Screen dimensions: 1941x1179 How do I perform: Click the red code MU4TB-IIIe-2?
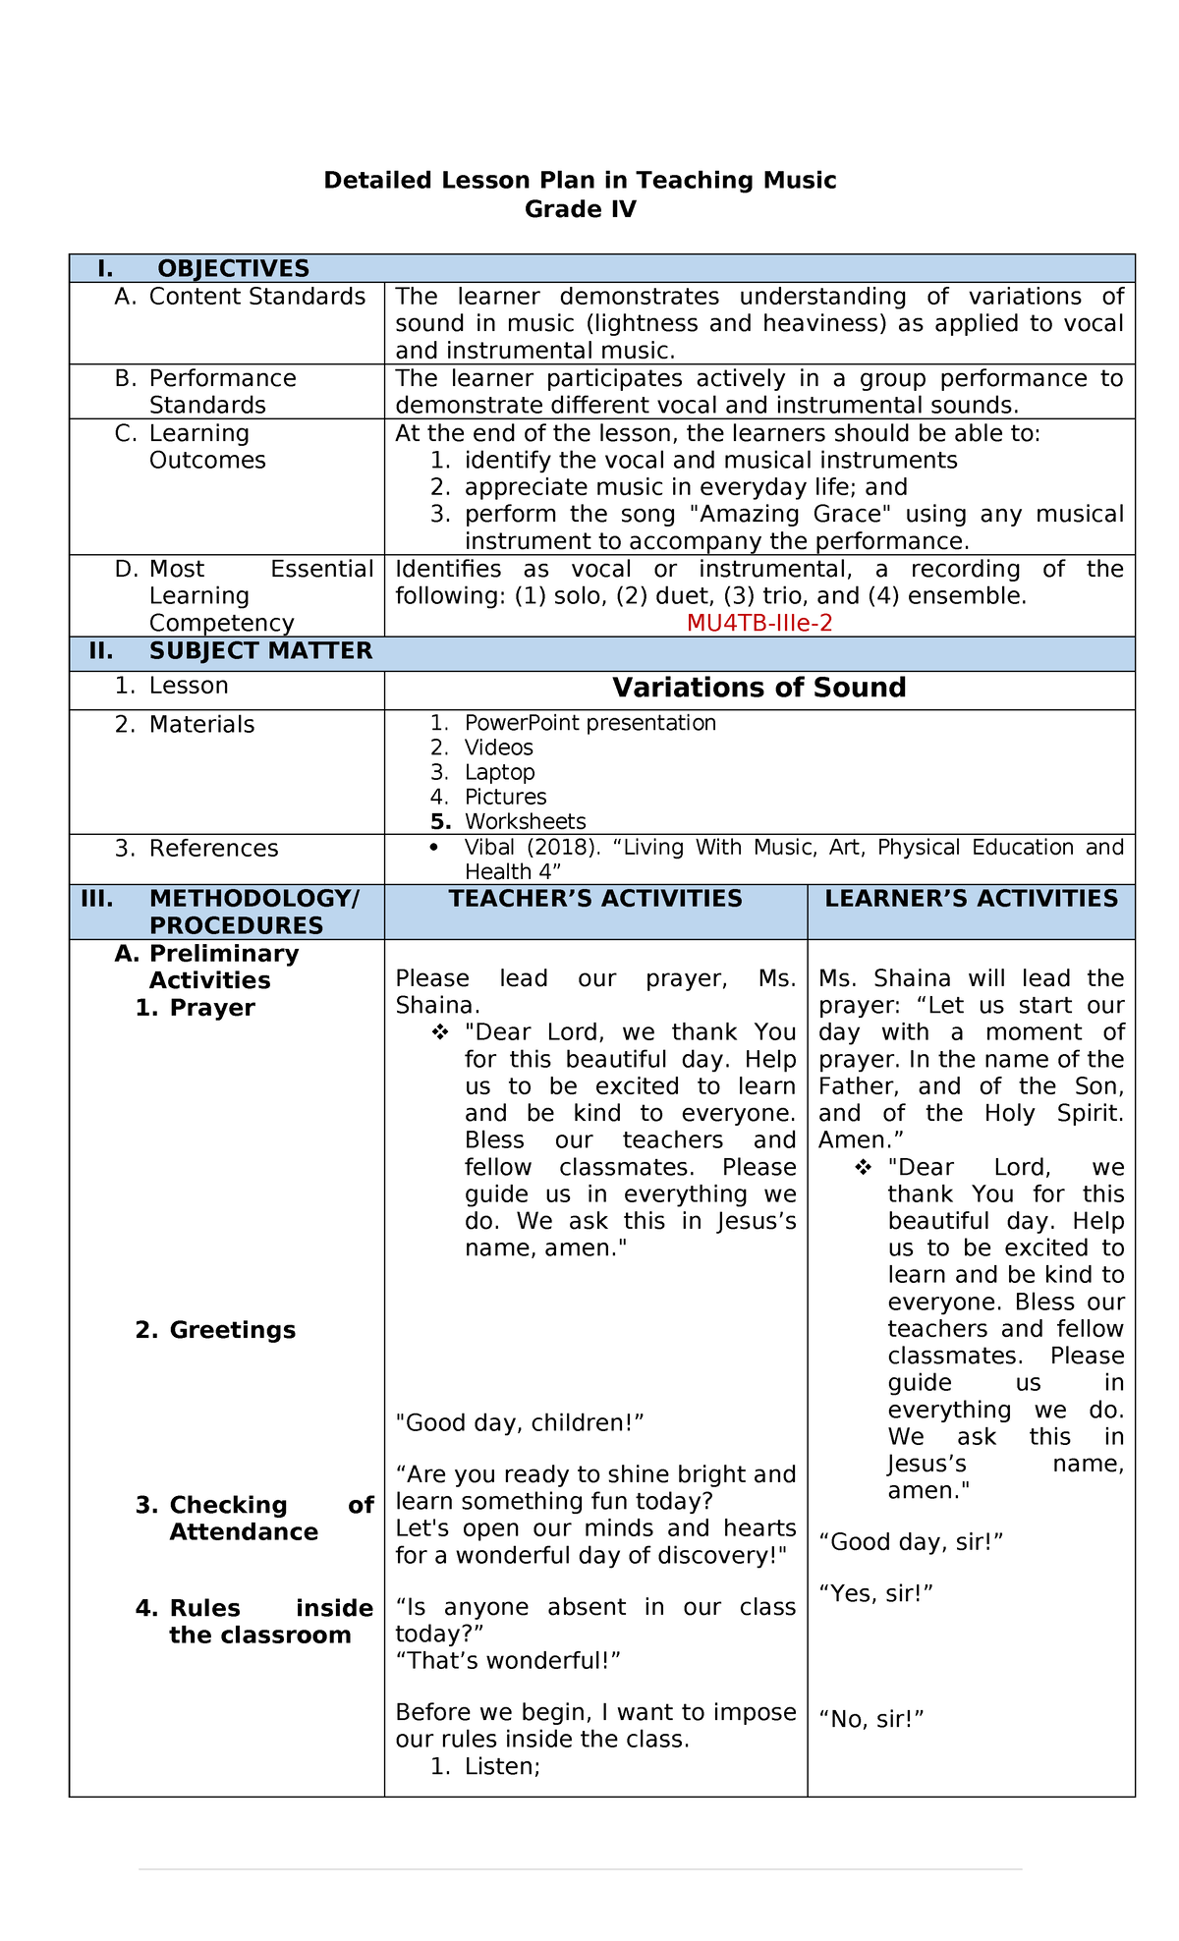tap(759, 623)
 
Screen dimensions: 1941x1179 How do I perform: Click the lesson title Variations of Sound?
tap(758, 688)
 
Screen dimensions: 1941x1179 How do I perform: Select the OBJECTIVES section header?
tap(233, 268)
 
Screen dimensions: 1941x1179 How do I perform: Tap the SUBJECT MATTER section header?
tap(260, 651)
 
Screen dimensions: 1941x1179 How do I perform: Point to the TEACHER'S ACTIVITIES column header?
tap(595, 899)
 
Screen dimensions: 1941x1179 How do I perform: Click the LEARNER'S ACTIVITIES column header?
tap(971, 899)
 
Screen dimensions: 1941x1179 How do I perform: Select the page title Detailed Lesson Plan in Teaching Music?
tap(580, 180)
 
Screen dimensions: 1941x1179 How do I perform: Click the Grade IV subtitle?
tap(580, 209)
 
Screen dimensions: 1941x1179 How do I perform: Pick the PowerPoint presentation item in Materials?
tap(589, 723)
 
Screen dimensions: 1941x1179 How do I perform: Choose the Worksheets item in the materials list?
tap(525, 821)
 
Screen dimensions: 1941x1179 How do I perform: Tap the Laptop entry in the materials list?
tap(499, 772)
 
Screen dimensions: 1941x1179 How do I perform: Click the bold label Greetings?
tap(232, 1330)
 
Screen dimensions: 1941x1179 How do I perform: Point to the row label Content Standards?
tap(256, 297)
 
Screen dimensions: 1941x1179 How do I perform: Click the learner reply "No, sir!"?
tap(870, 1719)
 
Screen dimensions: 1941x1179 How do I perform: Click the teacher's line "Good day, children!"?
tap(519, 1422)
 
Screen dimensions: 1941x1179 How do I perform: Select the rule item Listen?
tap(502, 1766)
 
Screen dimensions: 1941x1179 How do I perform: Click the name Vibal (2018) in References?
tap(521, 848)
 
